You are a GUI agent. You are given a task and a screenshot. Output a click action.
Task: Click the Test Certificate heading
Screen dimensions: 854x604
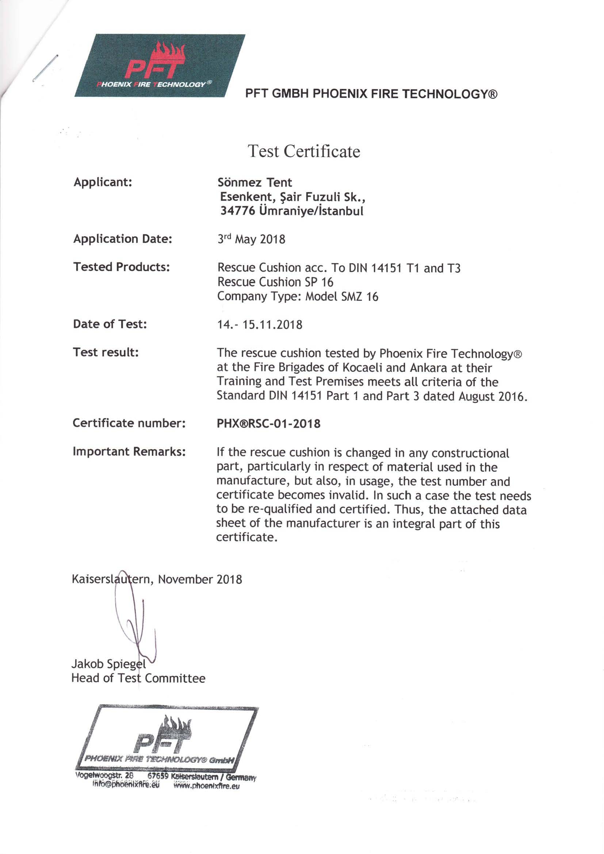(304, 151)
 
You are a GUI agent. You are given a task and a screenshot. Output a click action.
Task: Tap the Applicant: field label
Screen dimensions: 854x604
(103, 182)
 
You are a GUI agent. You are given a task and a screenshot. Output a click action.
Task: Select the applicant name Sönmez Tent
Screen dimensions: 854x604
(255, 182)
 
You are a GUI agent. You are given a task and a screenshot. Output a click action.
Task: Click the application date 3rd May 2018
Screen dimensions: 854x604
(251, 239)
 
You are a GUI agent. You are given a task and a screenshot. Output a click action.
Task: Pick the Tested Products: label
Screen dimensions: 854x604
(122, 267)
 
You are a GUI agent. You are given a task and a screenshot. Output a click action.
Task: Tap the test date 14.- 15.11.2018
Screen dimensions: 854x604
(260, 325)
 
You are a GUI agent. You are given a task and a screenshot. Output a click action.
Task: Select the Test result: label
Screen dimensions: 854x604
(106, 352)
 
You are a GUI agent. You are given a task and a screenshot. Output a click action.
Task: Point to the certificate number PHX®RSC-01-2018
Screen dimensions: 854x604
(268, 424)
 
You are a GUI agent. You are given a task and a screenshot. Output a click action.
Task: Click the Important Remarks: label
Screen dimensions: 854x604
(129, 452)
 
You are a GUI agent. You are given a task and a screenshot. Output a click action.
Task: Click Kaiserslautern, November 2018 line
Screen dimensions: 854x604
(157, 579)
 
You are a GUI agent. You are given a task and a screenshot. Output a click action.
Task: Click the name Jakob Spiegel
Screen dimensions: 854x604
(108, 663)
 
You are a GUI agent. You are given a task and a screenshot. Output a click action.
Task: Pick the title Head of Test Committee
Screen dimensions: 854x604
(138, 678)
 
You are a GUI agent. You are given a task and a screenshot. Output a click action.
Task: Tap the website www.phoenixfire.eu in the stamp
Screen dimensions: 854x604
(207, 786)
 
